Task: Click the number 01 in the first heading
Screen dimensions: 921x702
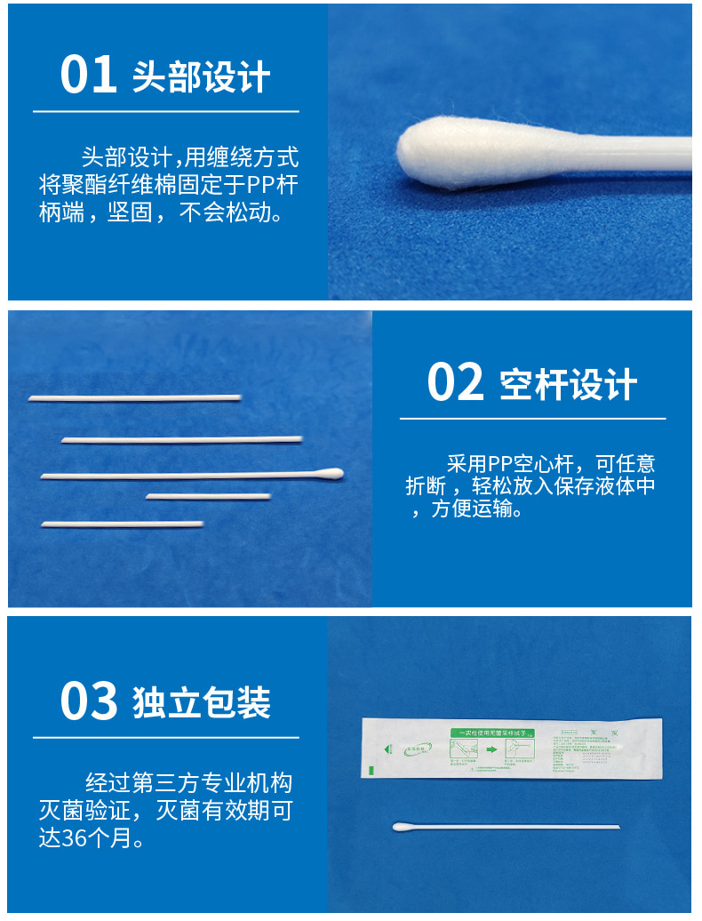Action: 89,75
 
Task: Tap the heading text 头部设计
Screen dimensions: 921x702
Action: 201,77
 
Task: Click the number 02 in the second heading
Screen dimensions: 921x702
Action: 455,382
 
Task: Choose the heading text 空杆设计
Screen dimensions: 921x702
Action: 568,384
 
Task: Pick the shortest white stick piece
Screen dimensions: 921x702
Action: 209,496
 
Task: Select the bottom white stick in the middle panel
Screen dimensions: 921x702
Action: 122,524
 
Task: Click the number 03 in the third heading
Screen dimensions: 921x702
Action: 89,701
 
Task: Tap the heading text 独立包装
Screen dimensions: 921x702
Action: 201,702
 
